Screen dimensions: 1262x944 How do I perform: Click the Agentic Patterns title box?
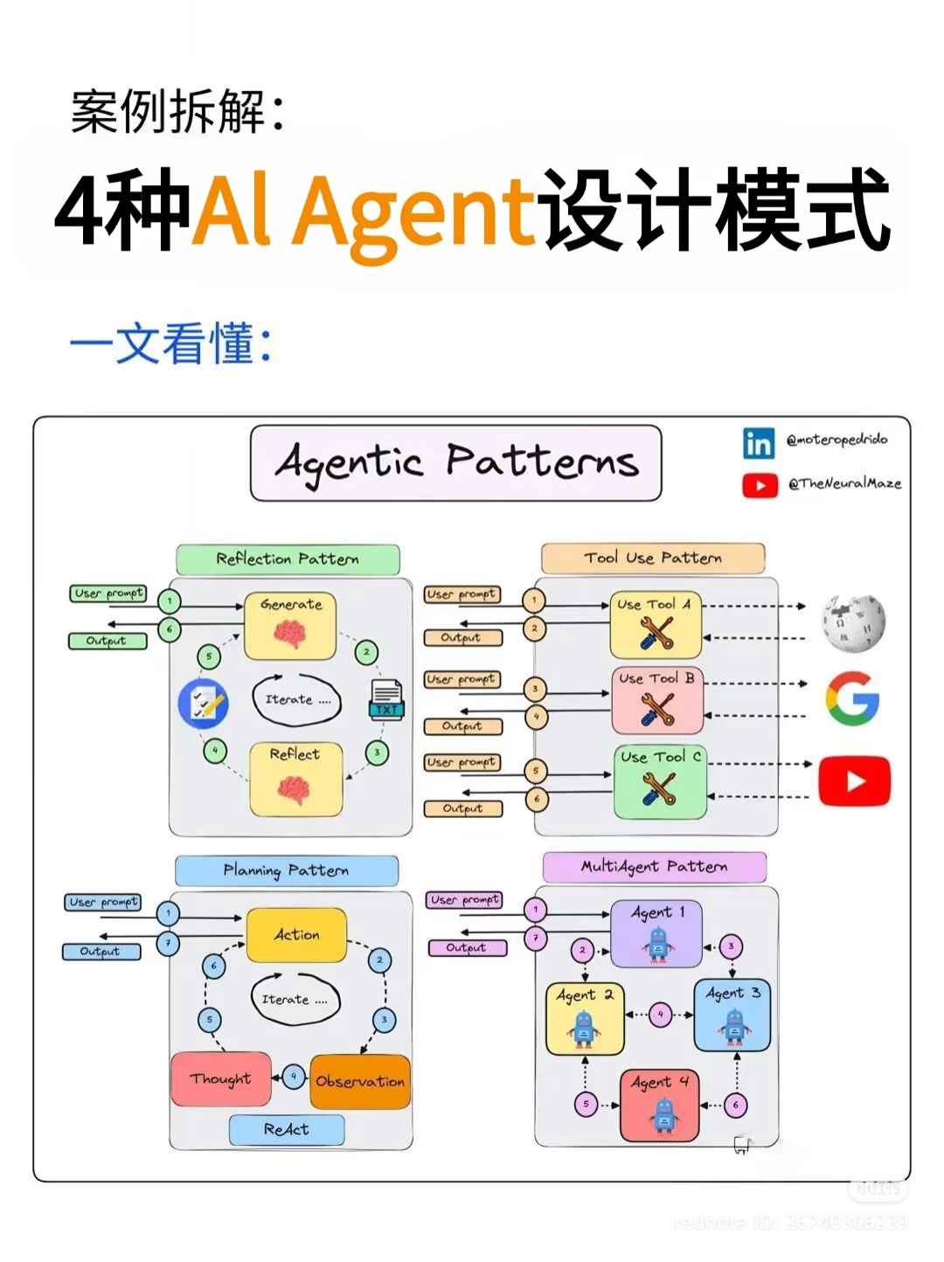[x=455, y=463]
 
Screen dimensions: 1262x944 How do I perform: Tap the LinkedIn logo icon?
[x=758, y=443]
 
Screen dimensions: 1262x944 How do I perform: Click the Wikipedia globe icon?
[x=852, y=623]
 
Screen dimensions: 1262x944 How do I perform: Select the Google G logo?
[x=851, y=698]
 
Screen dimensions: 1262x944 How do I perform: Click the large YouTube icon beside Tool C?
[x=854, y=780]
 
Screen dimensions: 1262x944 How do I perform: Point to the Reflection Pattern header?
[x=288, y=559]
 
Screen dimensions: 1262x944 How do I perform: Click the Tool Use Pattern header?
[x=652, y=558]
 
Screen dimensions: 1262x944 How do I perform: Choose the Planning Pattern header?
[x=286, y=870]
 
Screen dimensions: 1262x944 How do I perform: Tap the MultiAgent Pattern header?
[x=654, y=867]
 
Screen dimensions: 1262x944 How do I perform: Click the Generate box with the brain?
[x=290, y=626]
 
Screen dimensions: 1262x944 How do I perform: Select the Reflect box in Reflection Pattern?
[x=295, y=779]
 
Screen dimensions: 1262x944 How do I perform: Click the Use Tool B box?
[x=657, y=700]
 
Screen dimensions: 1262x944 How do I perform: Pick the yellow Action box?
[x=296, y=935]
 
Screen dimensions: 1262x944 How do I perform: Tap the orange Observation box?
[x=360, y=1081]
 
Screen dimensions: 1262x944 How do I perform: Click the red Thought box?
[x=221, y=1079]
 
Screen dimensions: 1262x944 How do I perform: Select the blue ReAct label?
[x=287, y=1129]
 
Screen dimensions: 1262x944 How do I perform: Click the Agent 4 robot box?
[x=660, y=1105]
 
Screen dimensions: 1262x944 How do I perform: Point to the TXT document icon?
[x=385, y=699]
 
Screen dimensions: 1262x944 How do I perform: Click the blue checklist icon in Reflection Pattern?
[x=203, y=704]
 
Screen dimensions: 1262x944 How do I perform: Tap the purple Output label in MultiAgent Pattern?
[x=467, y=948]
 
